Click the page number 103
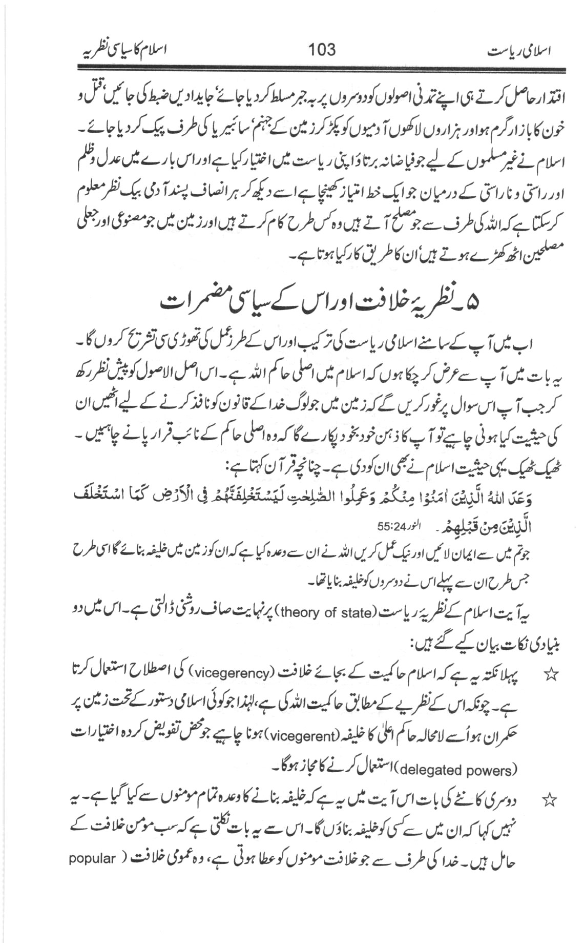[322, 49]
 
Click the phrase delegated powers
[456, 770]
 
